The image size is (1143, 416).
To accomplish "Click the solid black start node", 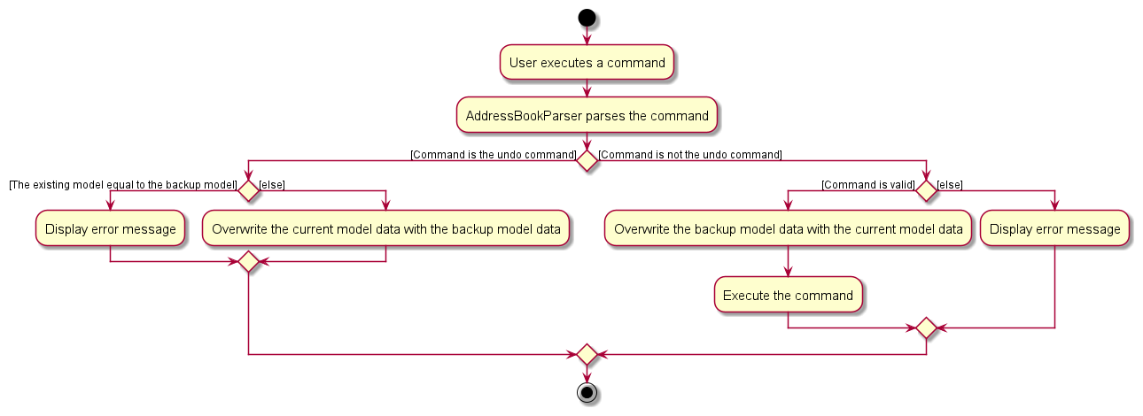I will click(x=586, y=17).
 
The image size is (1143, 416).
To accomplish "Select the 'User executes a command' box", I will click(x=586, y=63).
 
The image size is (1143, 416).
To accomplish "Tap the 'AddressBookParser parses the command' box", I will click(x=586, y=116).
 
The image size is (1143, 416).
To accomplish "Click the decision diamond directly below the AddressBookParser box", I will click(x=586, y=160).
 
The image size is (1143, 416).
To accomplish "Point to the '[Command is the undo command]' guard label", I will click(x=493, y=155).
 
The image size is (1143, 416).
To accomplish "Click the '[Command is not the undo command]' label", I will click(x=690, y=155).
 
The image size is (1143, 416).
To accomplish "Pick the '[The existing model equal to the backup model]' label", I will click(x=122, y=185).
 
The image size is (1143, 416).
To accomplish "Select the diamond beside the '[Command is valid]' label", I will click(x=926, y=190).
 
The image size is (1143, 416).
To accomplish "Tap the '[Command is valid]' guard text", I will click(x=867, y=185).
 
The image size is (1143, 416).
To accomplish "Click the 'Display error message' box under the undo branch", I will click(x=110, y=229).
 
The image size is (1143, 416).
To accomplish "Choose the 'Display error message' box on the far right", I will click(x=1054, y=229).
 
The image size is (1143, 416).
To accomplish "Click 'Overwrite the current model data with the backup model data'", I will click(x=385, y=229).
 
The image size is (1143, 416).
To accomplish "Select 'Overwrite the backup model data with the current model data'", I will click(x=788, y=229).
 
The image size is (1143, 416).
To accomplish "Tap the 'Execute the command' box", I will click(x=788, y=296).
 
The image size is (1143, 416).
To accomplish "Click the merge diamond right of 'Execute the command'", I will click(x=926, y=328).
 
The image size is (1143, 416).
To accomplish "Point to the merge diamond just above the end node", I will click(x=586, y=354).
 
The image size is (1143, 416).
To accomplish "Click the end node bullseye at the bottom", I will click(x=586, y=393).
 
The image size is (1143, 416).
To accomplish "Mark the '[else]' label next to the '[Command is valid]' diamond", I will click(x=950, y=185).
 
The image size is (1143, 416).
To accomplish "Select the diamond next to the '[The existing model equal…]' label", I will click(x=248, y=190).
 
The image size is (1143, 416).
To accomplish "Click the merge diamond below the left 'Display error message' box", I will click(x=248, y=262).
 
